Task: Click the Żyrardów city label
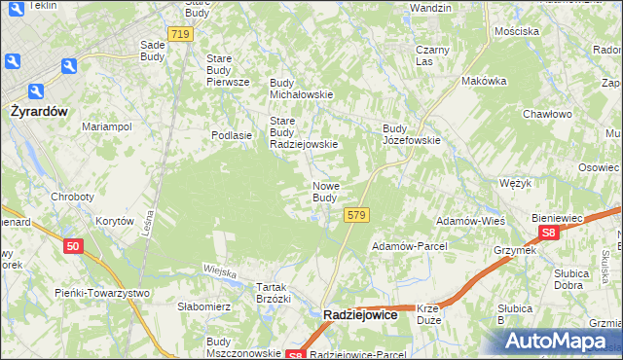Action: [40, 111]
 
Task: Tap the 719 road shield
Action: [179, 34]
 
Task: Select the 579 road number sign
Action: [356, 215]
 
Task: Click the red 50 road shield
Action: [74, 247]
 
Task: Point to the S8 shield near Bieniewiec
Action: [550, 234]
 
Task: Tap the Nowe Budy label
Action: [325, 192]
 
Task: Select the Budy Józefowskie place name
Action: [411, 133]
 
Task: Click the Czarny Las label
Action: [431, 55]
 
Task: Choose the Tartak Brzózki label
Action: [273, 293]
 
